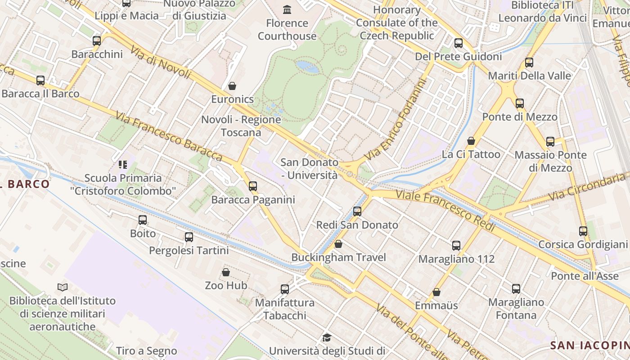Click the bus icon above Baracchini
pyautogui.click(x=97, y=41)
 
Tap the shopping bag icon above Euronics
pyautogui.click(x=232, y=85)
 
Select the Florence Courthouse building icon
pyautogui.click(x=287, y=9)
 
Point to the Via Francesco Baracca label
pyautogui.click(x=169, y=137)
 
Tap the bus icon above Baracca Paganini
pyautogui.click(x=253, y=186)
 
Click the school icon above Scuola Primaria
pyautogui.click(x=123, y=165)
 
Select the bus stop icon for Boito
pyautogui.click(x=143, y=220)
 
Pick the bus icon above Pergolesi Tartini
pyautogui.click(x=189, y=237)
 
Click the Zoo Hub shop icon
pyautogui.click(x=226, y=272)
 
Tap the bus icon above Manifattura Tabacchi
pyautogui.click(x=285, y=289)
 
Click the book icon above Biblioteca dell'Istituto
pyautogui.click(x=63, y=287)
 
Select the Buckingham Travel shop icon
pyautogui.click(x=338, y=244)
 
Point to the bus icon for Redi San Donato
pyautogui.click(x=357, y=211)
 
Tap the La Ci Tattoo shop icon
pyautogui.click(x=471, y=141)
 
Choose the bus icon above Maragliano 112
pyautogui.click(x=456, y=246)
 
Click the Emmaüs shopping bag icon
pyautogui.click(x=436, y=292)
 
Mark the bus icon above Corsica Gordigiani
pyautogui.click(x=583, y=231)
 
